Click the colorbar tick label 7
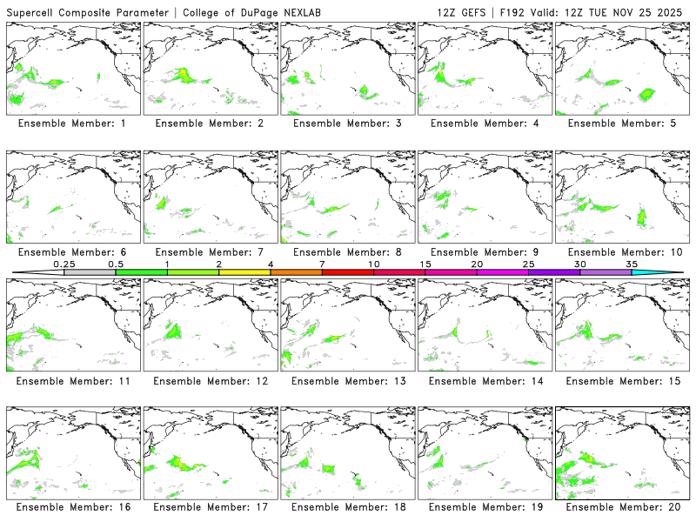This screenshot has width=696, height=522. click(x=322, y=264)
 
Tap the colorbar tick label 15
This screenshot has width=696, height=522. click(x=425, y=264)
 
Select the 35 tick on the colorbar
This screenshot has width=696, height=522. click(x=632, y=264)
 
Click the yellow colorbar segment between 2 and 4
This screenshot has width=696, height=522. click(x=244, y=272)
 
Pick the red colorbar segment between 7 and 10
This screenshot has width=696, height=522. click(x=348, y=272)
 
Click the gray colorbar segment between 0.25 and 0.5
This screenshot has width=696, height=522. click(x=90, y=272)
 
